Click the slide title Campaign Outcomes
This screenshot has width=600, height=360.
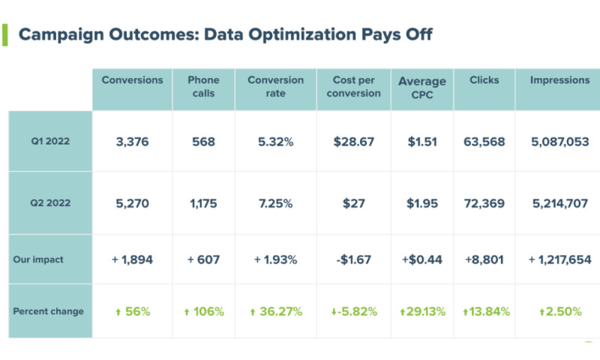tap(225, 34)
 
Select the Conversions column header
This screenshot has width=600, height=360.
tap(132, 80)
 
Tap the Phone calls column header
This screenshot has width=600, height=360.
tap(203, 85)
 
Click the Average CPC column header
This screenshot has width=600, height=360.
tap(422, 88)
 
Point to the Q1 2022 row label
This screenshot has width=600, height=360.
tap(49, 141)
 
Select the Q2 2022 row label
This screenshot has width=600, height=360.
tap(49, 202)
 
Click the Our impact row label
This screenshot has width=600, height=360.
tap(38, 259)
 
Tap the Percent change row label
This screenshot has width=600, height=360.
tap(48, 311)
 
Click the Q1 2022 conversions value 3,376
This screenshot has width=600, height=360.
tap(132, 141)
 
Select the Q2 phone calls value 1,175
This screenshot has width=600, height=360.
tap(203, 202)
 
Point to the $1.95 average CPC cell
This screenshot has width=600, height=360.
tap(422, 202)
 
